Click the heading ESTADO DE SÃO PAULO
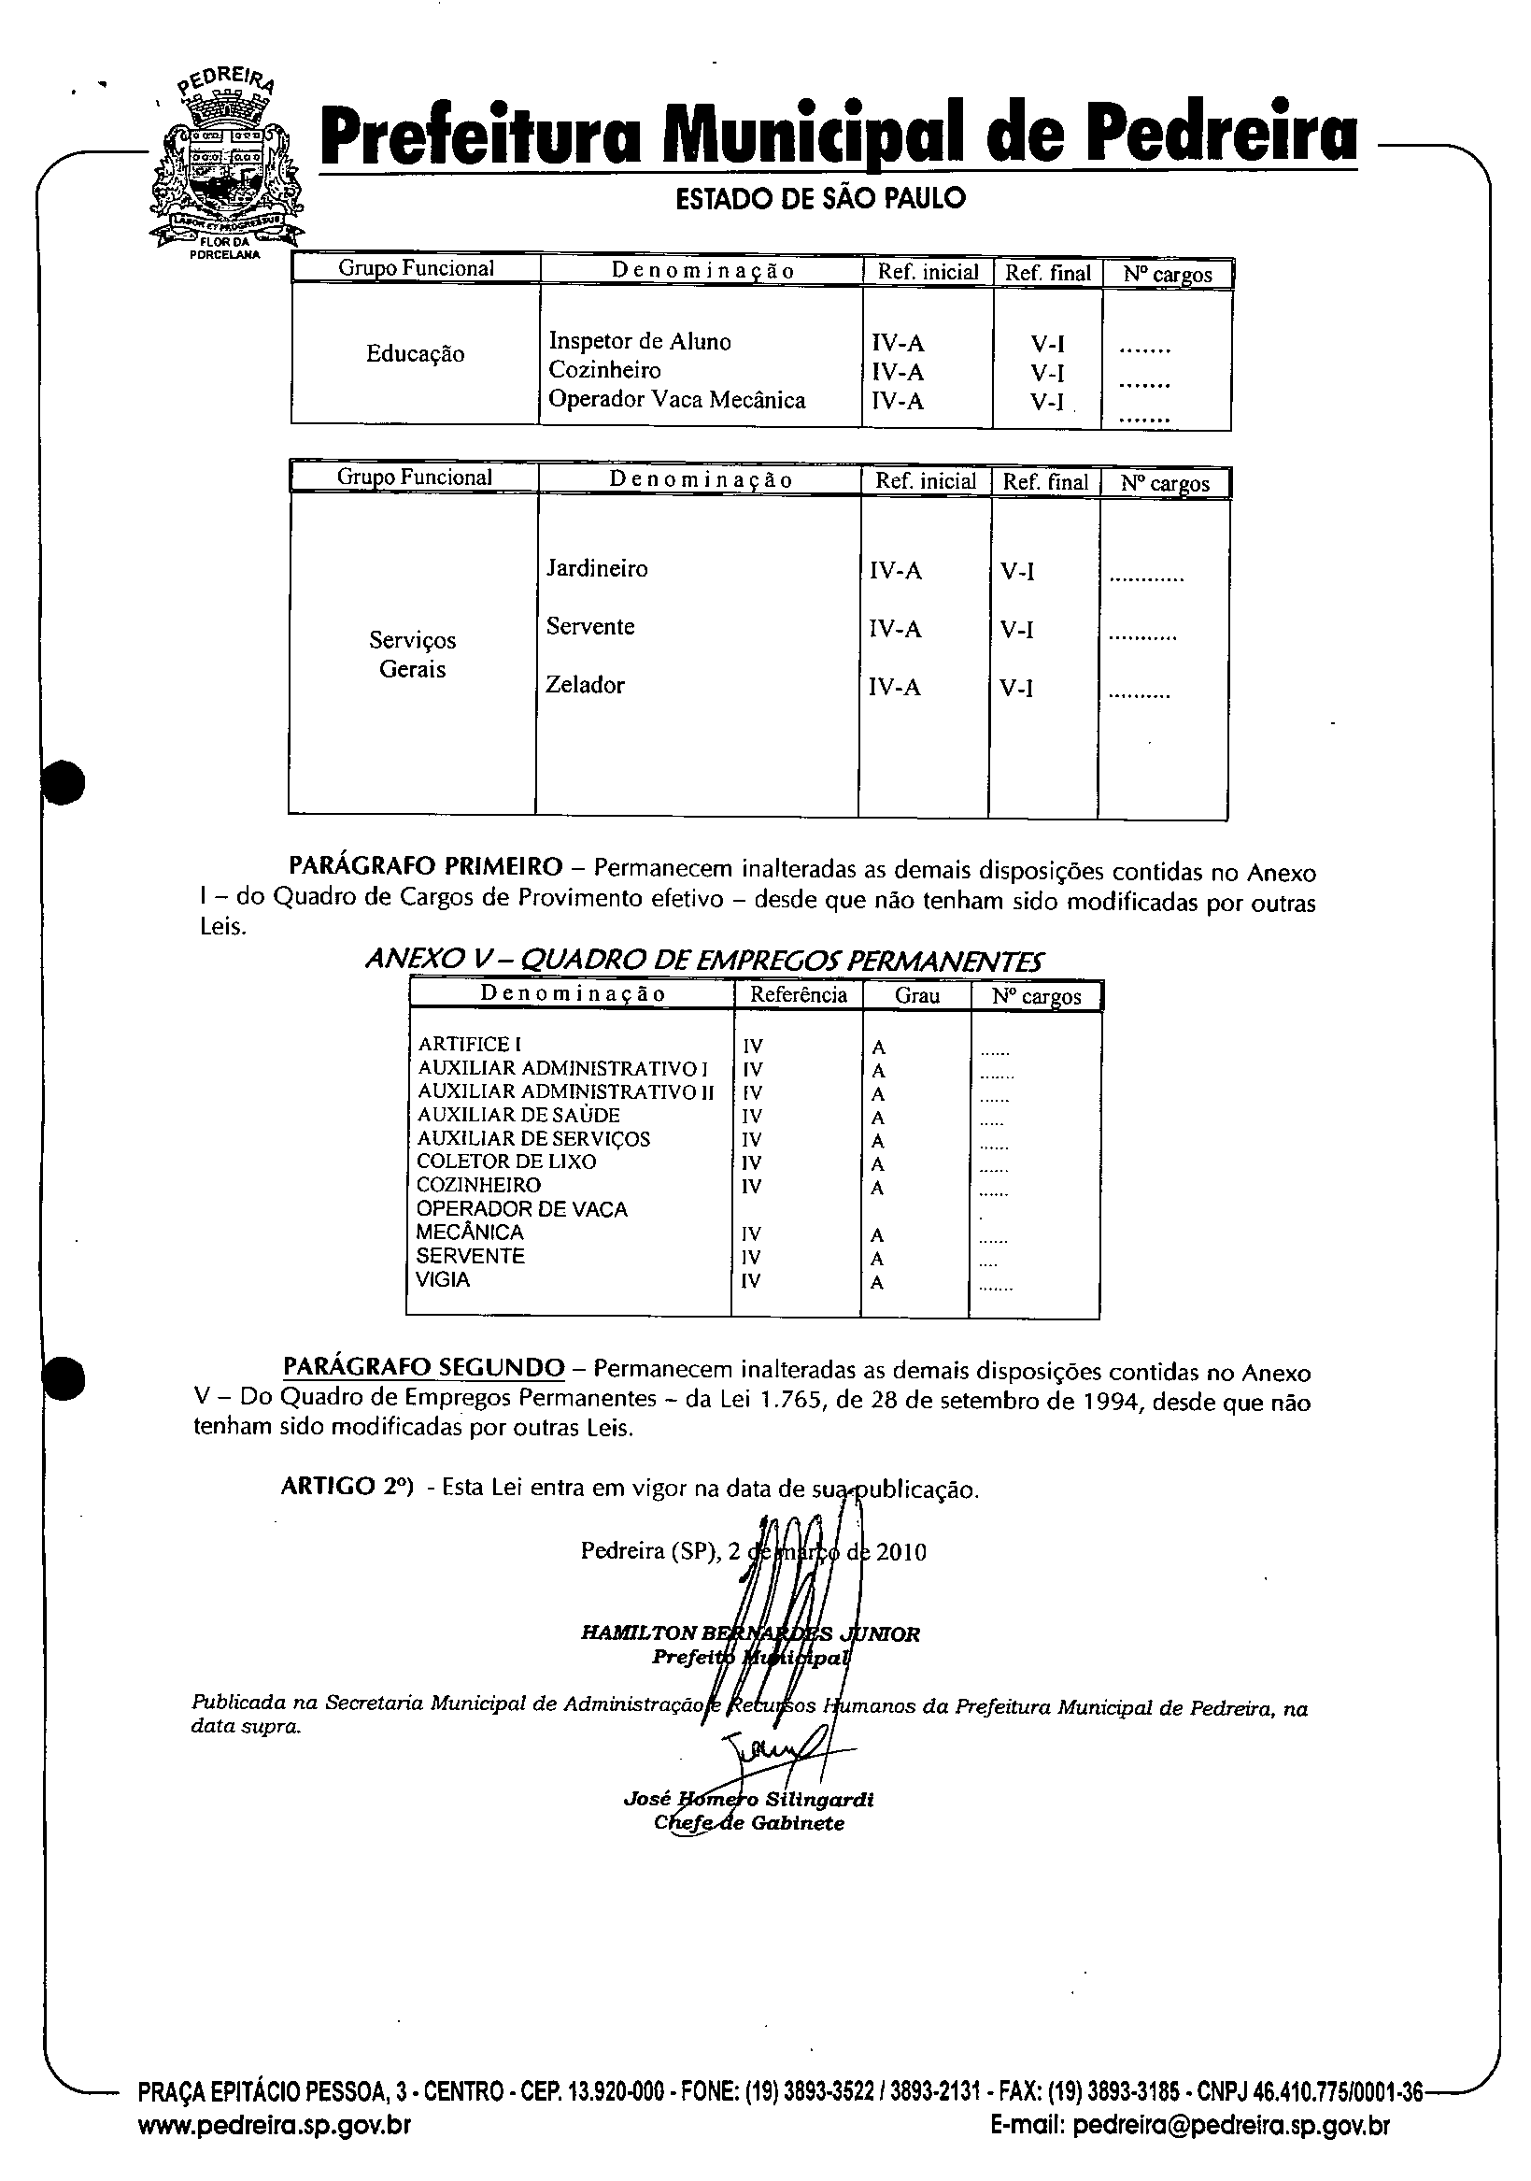point(819,198)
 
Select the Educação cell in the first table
point(415,354)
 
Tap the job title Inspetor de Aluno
point(639,342)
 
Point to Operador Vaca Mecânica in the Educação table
point(676,400)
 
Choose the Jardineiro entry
point(597,569)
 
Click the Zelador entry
point(584,685)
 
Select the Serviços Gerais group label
point(412,654)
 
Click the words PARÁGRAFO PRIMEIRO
point(426,866)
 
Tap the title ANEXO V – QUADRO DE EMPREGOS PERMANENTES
point(703,961)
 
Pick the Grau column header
point(916,995)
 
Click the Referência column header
point(798,994)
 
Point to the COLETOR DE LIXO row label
point(506,1162)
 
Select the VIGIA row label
point(443,1279)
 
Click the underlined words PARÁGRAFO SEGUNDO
point(423,1367)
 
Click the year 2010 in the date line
point(900,1552)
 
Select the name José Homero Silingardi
point(748,1799)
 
